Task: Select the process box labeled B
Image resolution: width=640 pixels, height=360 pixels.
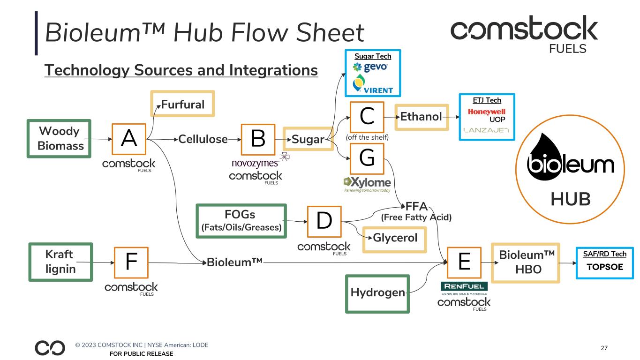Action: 258,139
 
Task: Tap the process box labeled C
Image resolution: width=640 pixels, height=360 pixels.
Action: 367,117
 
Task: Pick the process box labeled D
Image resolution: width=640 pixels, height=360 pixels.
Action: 324,222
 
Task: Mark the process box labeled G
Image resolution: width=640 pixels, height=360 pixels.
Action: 367,158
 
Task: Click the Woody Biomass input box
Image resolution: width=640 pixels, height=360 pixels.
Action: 59,139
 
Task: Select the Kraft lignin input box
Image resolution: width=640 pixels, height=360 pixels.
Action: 60,262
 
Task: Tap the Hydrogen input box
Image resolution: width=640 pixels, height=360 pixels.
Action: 377,293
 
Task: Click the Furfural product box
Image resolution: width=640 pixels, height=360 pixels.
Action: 182,104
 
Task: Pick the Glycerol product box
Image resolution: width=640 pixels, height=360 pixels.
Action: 395,238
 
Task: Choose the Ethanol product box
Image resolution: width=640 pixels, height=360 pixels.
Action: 422,117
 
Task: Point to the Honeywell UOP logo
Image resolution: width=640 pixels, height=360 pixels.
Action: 487,114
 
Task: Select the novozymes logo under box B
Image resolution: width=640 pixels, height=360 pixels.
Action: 256,163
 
